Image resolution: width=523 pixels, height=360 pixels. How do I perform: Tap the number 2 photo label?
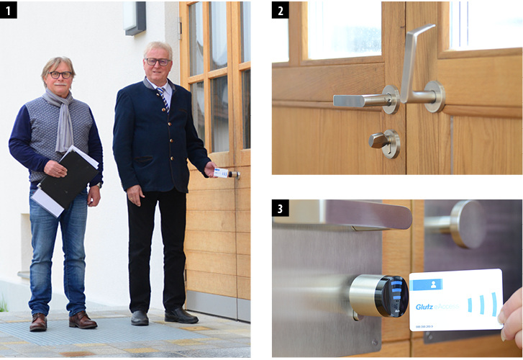280,9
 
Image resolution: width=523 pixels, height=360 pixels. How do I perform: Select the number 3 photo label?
280,207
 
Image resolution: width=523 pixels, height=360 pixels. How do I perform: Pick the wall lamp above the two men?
135,18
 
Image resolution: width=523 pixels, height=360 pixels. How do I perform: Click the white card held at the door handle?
222,173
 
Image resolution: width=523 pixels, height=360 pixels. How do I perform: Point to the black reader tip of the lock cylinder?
391,296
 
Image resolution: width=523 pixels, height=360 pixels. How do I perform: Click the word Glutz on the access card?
425,307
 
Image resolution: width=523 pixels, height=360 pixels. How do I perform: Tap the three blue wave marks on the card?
483,302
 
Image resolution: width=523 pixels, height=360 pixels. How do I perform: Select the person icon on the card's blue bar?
427,285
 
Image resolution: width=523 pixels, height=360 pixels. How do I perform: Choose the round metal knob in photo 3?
468,223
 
